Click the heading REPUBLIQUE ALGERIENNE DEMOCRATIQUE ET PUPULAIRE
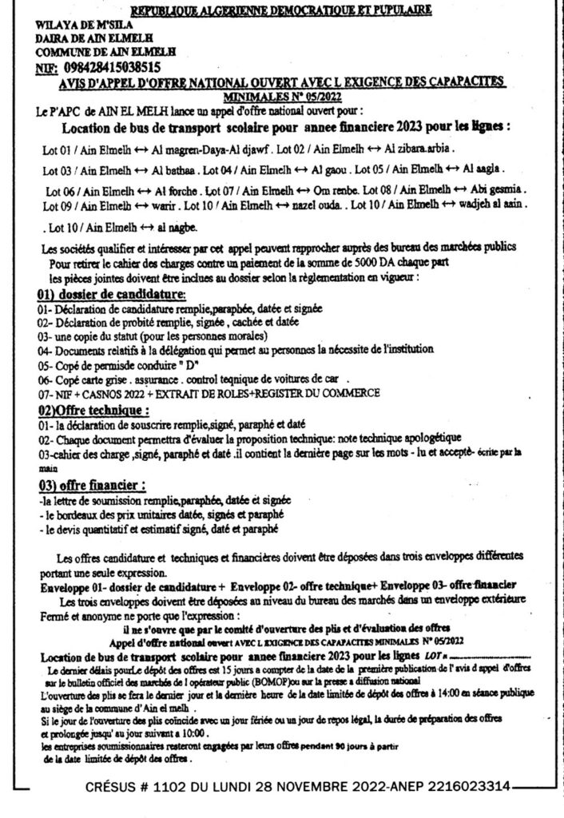[x=281, y=10]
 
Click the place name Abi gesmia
[x=501, y=192]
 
